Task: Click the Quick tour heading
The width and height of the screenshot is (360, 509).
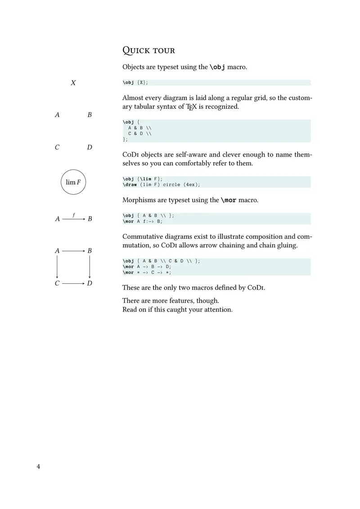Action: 149,50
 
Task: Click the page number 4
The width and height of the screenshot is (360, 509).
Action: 39,467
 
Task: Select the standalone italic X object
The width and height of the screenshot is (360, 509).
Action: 73,83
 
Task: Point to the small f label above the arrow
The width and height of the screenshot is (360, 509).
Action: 73,214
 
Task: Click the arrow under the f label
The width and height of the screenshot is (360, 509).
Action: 73,219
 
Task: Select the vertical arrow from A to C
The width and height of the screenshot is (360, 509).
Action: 57,267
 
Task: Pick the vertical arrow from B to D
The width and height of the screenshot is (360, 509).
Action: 90,267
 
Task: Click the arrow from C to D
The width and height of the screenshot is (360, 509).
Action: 73,284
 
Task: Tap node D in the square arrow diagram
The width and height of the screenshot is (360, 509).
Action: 90,284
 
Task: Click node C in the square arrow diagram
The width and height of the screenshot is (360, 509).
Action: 57,284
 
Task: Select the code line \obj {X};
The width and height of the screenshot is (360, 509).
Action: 135,83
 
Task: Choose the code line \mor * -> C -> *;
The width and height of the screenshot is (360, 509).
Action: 147,272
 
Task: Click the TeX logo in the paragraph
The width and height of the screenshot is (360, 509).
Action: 192,107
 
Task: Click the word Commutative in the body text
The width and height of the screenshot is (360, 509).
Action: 144,237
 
